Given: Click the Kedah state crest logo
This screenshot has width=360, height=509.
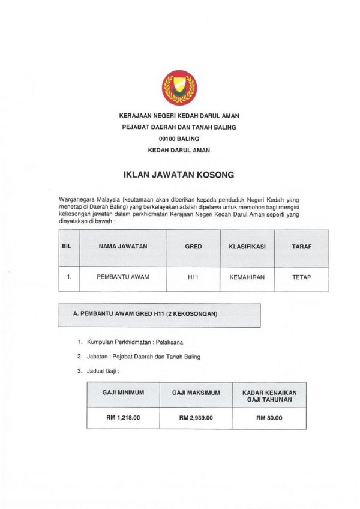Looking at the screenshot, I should click(179, 88).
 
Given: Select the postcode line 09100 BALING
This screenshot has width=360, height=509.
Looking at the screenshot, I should click(179, 139).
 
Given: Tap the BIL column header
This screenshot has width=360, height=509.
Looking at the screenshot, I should click(67, 246).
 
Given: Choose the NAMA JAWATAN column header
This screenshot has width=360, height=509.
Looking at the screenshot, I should click(123, 246).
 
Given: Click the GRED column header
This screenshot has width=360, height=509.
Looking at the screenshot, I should click(193, 246).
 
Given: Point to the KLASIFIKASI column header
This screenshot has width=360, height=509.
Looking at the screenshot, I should click(247, 246).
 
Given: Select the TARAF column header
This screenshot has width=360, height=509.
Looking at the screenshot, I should click(301, 246).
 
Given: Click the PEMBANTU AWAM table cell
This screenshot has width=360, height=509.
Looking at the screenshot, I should click(123, 277).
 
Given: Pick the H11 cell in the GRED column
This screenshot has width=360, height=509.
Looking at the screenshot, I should click(193, 277).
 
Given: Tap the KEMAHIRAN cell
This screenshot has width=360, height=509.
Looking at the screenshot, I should click(247, 277).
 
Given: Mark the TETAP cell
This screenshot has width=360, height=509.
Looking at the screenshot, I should click(301, 277).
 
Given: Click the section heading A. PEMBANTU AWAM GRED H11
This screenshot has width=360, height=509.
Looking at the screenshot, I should click(145, 314).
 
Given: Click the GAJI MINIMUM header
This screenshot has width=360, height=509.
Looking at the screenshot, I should click(123, 393).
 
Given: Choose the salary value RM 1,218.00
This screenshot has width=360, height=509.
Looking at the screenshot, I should click(123, 418).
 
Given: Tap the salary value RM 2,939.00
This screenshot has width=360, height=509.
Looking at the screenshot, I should click(196, 418).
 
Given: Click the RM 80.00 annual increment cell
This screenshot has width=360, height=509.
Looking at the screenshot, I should click(269, 418).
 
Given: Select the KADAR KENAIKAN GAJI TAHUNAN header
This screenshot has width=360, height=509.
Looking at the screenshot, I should click(269, 396).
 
